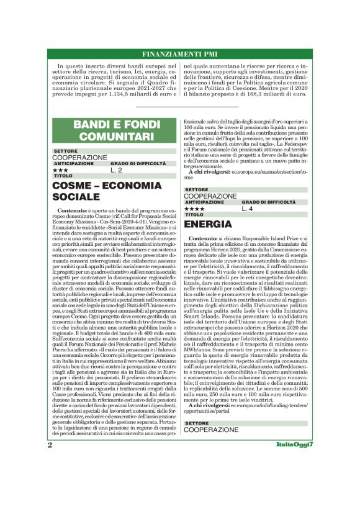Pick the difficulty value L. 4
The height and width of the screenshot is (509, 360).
[248, 209]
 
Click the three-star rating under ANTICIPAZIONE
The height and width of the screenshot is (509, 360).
[61, 169]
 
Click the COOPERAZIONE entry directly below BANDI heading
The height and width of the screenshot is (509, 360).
[79, 158]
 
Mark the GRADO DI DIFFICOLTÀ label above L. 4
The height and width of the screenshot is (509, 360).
[269, 202]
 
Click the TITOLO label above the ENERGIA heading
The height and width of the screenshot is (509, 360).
[194, 215]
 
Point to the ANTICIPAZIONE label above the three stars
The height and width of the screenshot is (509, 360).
[74, 163]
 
